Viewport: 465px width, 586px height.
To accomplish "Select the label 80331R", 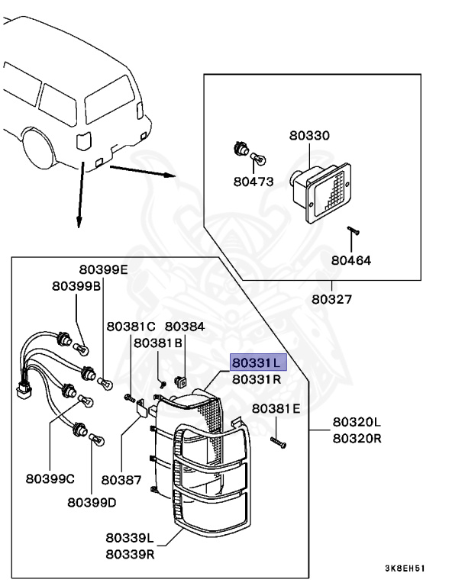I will click(x=258, y=378).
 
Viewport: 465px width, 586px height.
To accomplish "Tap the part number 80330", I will click(x=309, y=137).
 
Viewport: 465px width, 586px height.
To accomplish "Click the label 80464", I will click(x=350, y=260).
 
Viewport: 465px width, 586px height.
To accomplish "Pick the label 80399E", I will click(x=104, y=269).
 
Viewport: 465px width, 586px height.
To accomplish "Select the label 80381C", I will click(x=131, y=326).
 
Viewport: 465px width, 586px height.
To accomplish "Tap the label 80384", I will click(x=185, y=326).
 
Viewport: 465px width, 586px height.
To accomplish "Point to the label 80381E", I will click(x=276, y=409).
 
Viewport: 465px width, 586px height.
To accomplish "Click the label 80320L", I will click(x=356, y=422).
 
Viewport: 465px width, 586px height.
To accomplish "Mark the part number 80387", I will click(x=122, y=480).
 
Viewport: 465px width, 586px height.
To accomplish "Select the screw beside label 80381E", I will click(x=277, y=442).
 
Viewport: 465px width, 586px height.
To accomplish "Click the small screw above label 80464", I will click(x=354, y=230).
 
